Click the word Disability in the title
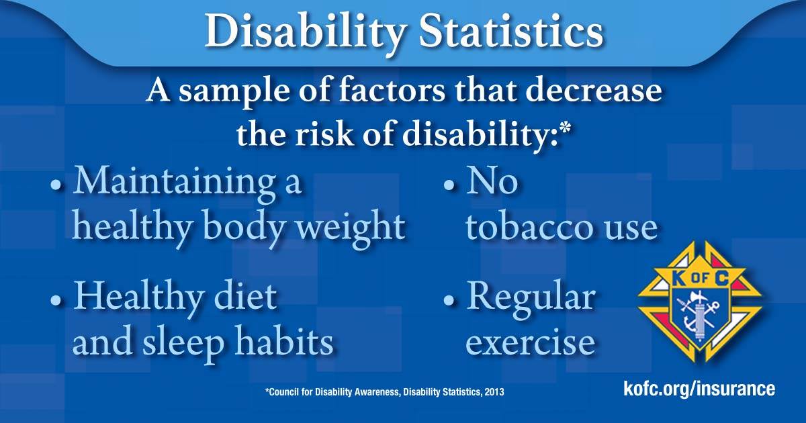point(306,32)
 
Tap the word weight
point(351,228)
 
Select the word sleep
point(183,343)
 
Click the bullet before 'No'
point(449,185)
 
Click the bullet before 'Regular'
point(449,299)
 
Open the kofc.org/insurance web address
point(699,389)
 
